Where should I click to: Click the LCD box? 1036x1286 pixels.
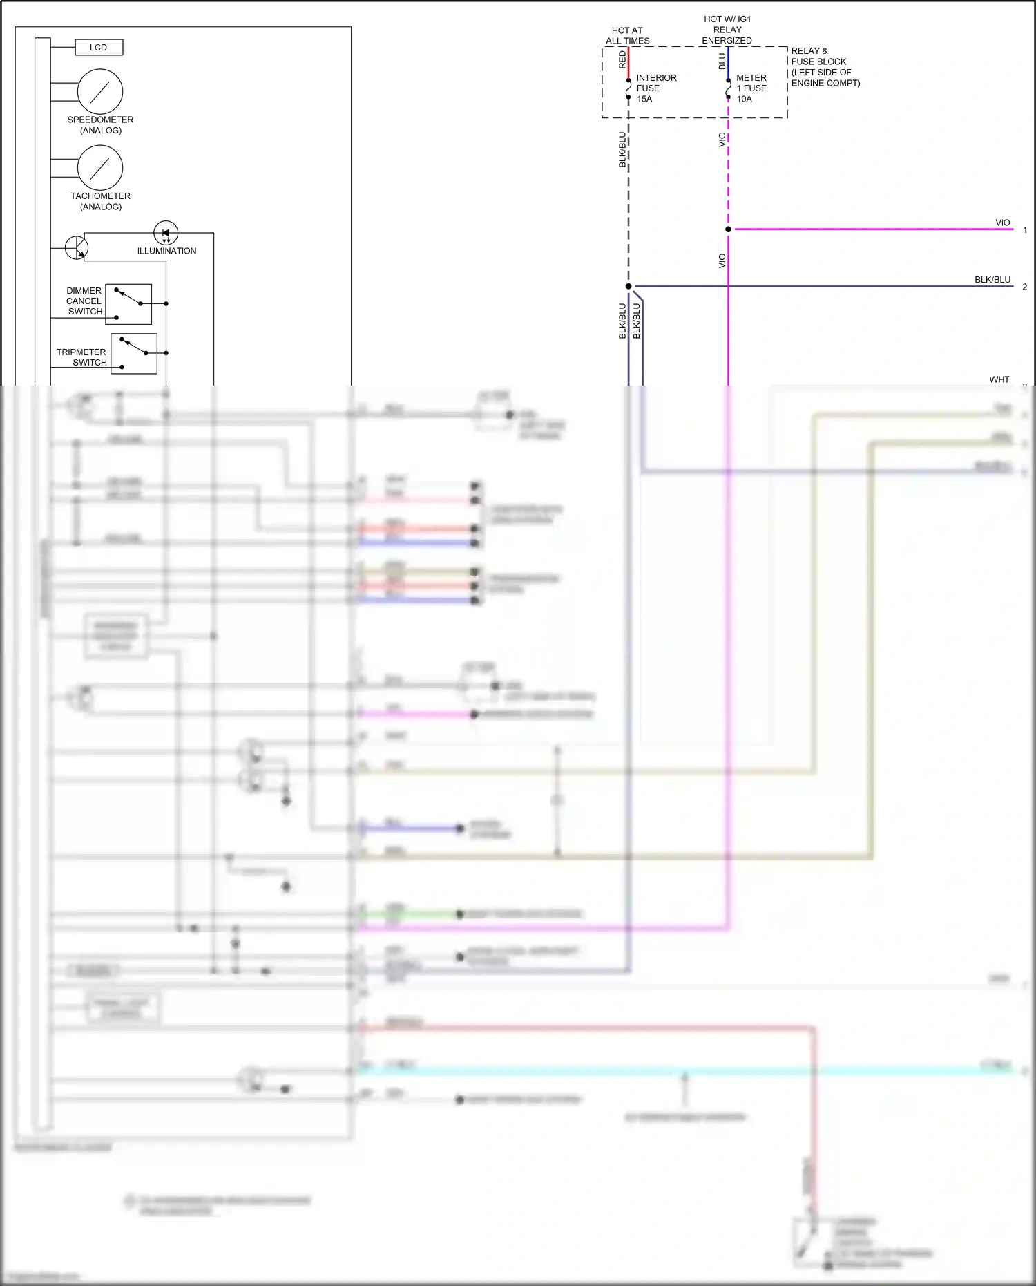click(98, 48)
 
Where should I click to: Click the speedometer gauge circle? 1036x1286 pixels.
click(100, 91)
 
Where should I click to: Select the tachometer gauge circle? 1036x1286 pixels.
click(100, 168)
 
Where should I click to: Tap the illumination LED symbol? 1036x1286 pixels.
click(166, 234)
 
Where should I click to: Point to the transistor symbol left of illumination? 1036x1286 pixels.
click(77, 247)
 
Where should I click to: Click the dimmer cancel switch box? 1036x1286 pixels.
click(128, 304)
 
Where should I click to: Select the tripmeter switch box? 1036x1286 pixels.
click(134, 354)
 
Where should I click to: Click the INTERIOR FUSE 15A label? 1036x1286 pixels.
click(655, 88)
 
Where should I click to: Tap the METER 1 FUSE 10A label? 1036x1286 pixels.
click(751, 88)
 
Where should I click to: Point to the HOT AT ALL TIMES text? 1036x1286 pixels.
click(627, 36)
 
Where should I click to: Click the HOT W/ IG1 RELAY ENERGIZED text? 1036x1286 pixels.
click(727, 30)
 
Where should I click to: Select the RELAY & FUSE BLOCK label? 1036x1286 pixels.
click(825, 67)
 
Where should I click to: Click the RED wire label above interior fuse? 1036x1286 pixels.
click(622, 59)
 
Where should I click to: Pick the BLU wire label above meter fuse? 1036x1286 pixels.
click(722, 61)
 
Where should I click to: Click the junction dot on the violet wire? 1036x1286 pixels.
click(728, 229)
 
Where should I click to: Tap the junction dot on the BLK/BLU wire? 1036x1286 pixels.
click(629, 286)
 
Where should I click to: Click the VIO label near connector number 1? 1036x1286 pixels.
click(1002, 223)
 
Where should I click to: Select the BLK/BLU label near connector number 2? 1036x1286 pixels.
click(992, 280)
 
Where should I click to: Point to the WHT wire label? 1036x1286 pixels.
click(999, 379)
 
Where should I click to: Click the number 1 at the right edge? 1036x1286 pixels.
click(1025, 230)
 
